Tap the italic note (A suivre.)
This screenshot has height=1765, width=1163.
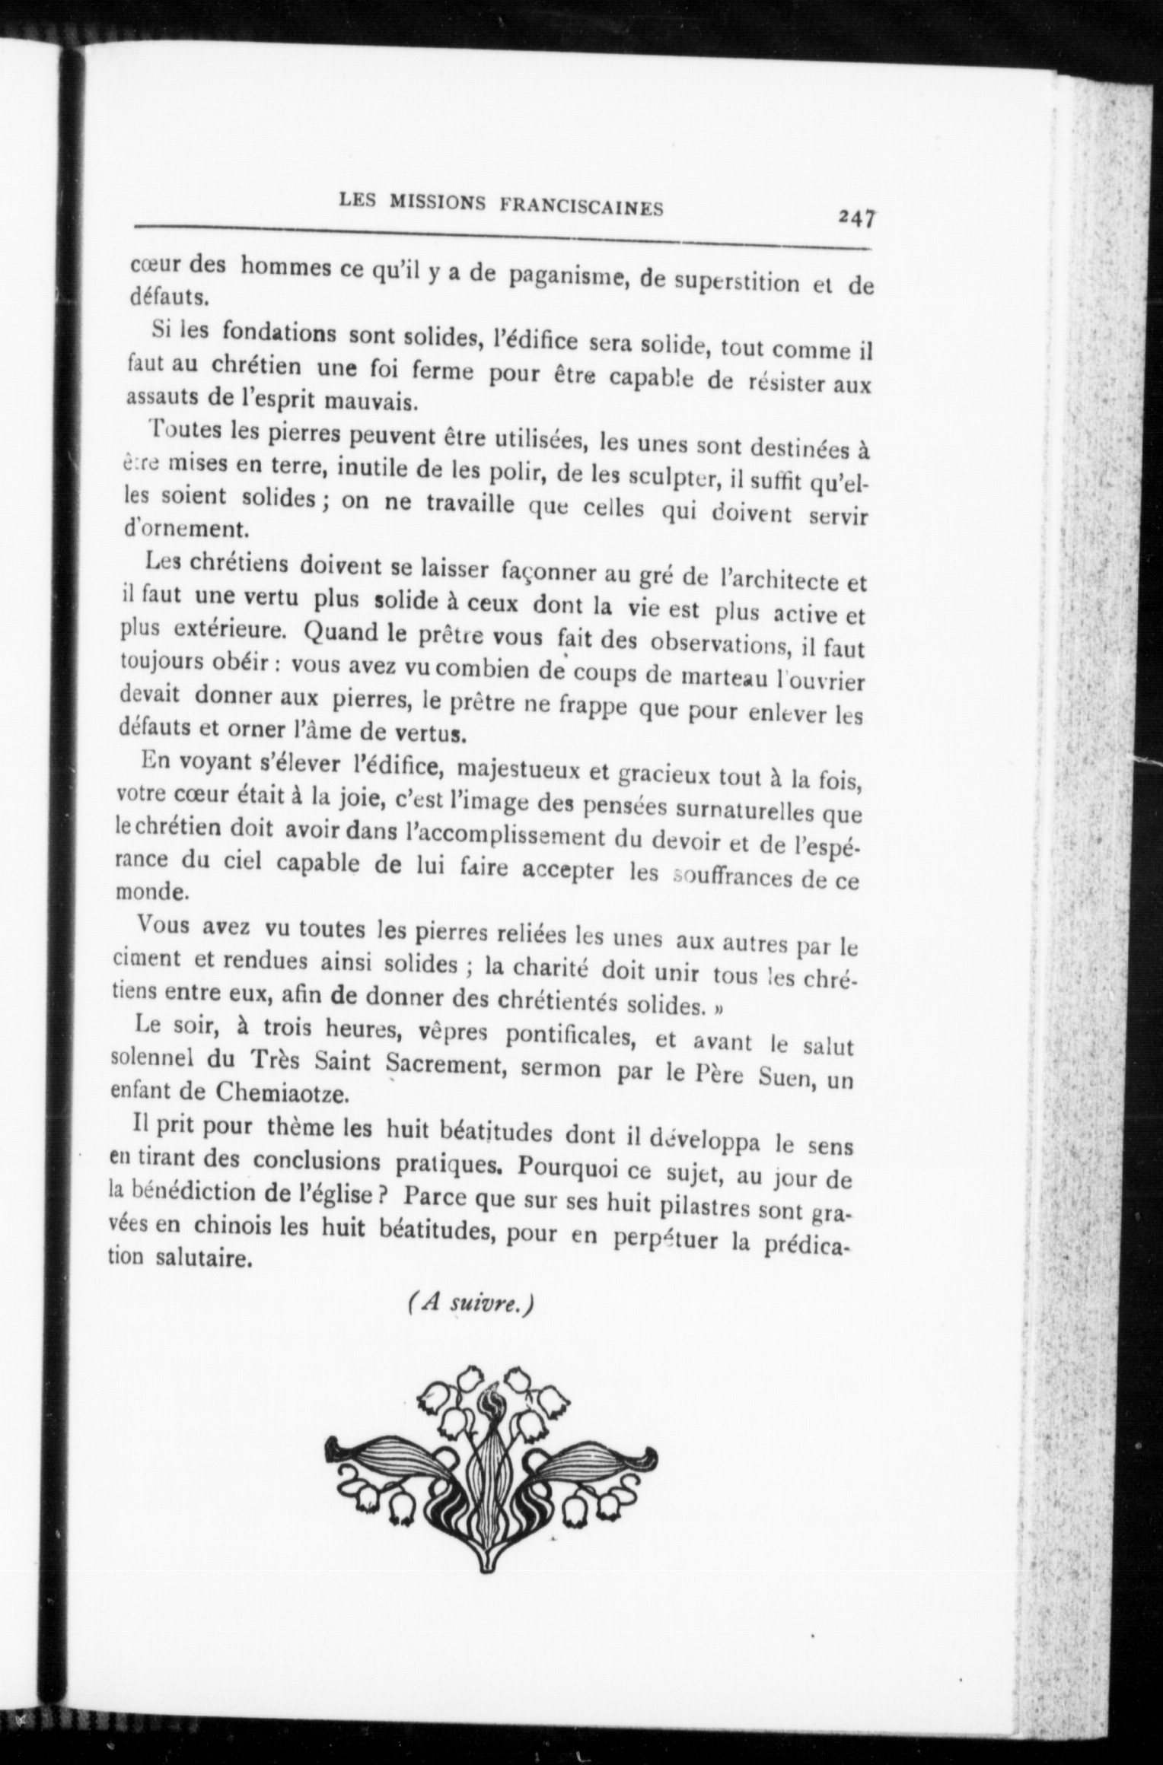[470, 1304]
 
